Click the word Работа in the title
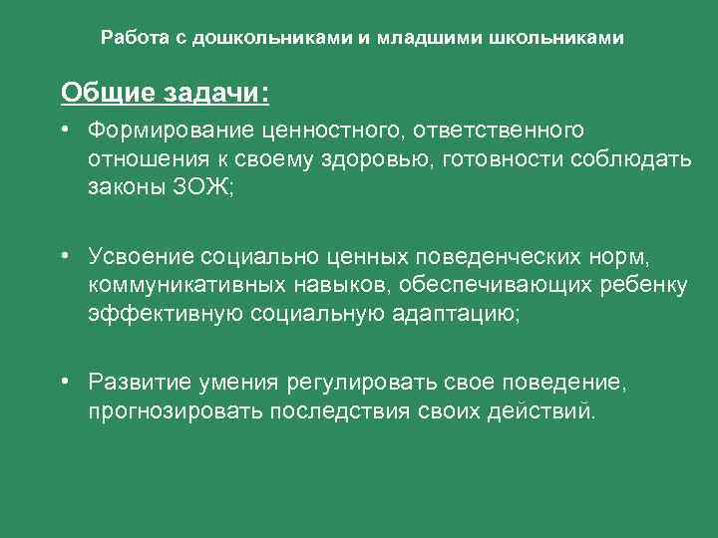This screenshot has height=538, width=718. [130, 39]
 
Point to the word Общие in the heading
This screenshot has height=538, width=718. [96, 93]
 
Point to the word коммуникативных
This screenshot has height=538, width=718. [190, 287]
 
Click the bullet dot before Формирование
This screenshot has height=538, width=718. [63, 131]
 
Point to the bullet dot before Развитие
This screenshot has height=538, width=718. [63, 382]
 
